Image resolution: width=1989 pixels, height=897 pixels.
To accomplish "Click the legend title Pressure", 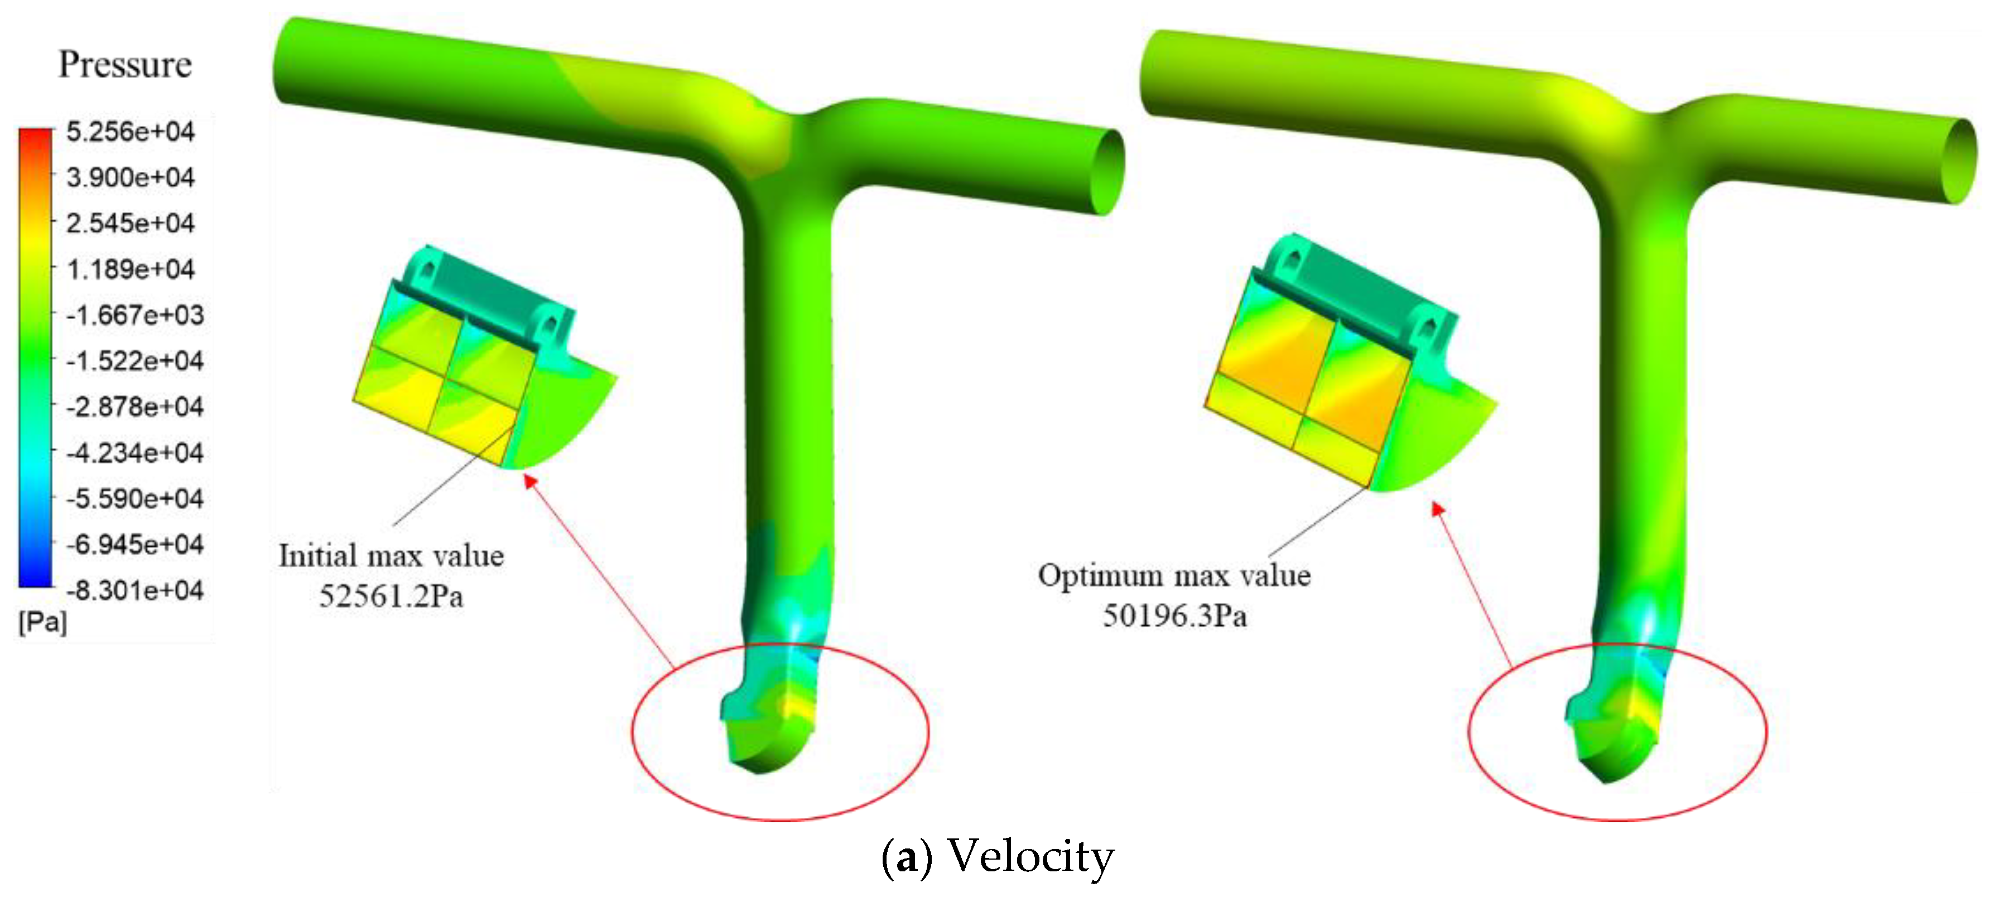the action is [125, 64].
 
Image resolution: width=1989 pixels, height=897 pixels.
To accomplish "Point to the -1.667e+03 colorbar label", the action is [134, 315].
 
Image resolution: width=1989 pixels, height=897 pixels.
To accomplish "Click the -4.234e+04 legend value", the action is [134, 452].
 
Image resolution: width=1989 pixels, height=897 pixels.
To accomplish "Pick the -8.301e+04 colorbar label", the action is [134, 591].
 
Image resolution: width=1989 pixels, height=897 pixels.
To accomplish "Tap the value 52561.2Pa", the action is [392, 596].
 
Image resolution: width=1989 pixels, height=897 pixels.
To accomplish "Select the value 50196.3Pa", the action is [1174, 616].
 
